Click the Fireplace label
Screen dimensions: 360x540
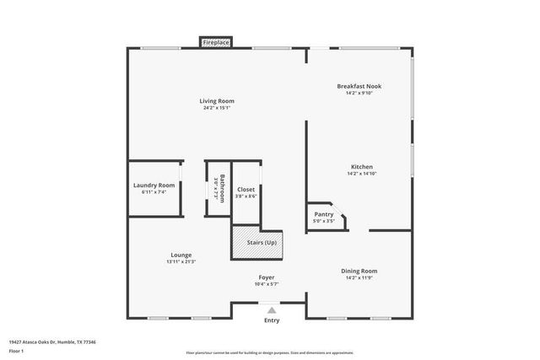[216, 41]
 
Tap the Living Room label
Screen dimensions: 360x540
[217, 101]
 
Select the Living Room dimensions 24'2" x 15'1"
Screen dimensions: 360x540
[217, 108]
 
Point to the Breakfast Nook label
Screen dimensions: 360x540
[359, 86]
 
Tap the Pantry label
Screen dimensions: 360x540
[324, 214]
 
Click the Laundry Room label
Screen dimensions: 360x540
[154, 185]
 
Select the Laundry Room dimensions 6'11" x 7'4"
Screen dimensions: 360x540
[154, 192]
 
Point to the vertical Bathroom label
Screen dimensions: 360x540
[222, 187]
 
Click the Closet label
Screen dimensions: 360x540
[246, 190]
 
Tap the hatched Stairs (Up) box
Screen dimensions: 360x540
[258, 243]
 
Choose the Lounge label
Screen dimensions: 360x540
[181, 255]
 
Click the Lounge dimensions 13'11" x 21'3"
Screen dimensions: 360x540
[181, 262]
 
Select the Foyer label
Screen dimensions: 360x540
[267, 277]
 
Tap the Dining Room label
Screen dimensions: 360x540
[359, 271]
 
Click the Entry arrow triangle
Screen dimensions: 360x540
[271, 310]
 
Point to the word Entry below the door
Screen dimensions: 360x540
[272, 320]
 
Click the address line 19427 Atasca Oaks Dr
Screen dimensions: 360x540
[53, 342]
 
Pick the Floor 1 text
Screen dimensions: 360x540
[17, 350]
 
